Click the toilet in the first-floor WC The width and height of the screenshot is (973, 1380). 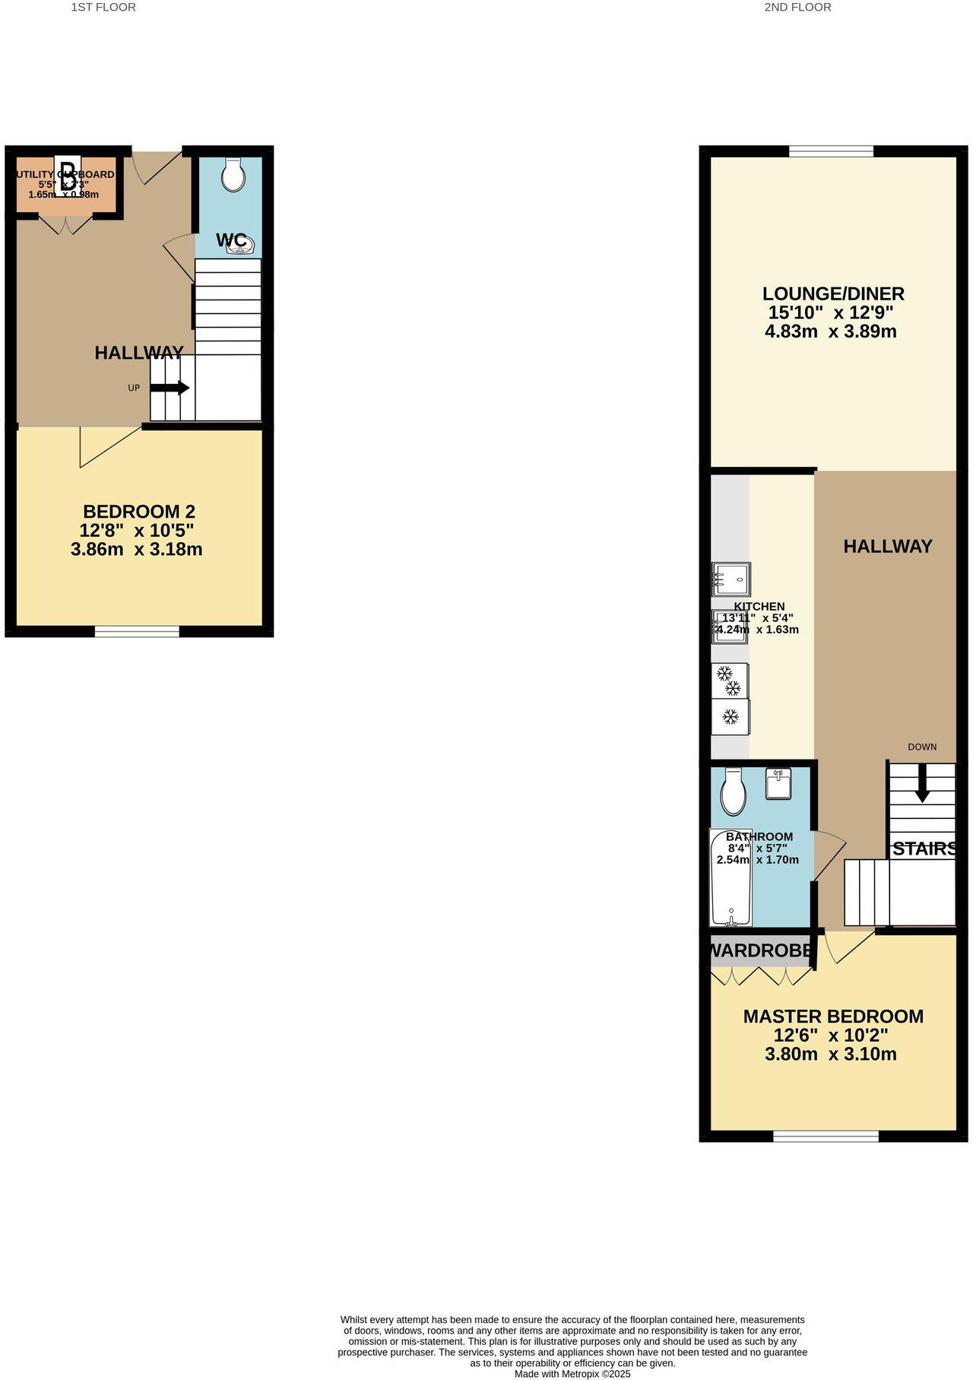pos(233,175)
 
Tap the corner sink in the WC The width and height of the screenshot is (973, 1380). pos(241,244)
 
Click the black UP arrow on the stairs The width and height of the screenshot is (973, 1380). pos(170,388)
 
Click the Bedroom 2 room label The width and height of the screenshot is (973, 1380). pos(139,511)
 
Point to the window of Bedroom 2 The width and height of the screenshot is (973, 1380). pos(137,630)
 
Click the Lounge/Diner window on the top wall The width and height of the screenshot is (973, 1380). pos(831,151)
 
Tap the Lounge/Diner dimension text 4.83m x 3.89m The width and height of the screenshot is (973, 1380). pos(831,332)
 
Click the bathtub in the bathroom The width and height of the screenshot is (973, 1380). pos(731,878)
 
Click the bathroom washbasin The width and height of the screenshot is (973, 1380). pos(778,783)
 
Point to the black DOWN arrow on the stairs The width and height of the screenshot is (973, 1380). pos(922,783)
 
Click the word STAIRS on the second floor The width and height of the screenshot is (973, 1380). pos(924,849)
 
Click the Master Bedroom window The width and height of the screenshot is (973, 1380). pos(826,1136)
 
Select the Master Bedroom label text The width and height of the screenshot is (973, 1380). pos(833,1017)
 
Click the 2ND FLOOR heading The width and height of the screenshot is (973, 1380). pos(797,8)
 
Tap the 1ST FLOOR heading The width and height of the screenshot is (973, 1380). pos(103,8)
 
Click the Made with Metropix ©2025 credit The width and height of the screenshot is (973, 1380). pos(572,1374)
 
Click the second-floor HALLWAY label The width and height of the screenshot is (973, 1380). pos(888,546)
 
